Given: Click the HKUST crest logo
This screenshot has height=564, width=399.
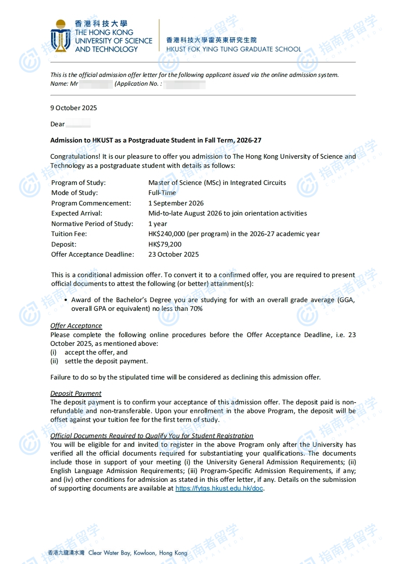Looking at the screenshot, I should pos(60,36).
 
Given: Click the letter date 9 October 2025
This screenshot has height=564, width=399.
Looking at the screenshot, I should pos(73,108).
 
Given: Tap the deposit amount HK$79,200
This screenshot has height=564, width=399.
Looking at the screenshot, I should pos(165,244).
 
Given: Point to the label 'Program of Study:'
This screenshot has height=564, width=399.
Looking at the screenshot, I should pos(78,183).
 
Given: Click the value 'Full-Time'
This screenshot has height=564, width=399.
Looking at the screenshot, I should pos(162,193).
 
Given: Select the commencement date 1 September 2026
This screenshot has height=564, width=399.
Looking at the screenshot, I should pos(176,203).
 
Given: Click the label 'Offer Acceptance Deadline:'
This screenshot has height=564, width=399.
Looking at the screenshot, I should pos(93,254).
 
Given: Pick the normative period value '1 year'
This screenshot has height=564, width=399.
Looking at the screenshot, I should pos(157,224).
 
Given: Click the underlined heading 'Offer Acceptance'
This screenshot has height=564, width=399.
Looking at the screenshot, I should pos(76,326).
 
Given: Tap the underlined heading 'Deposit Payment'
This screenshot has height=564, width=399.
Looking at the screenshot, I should pos(76,393).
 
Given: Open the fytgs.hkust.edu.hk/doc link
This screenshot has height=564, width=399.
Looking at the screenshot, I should pos(219,488).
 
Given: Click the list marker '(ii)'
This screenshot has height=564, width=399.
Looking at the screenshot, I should pos(54,361).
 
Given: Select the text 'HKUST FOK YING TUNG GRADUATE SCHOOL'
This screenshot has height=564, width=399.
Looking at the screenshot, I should pos(234,49).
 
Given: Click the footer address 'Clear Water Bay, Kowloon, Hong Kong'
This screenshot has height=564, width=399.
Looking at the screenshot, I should pos(138,553).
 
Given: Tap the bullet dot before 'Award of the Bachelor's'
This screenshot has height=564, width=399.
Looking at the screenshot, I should pos(66,300).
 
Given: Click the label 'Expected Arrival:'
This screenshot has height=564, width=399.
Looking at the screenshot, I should pos(77,213).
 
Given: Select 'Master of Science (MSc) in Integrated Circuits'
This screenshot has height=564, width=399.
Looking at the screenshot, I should pos(217,183).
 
